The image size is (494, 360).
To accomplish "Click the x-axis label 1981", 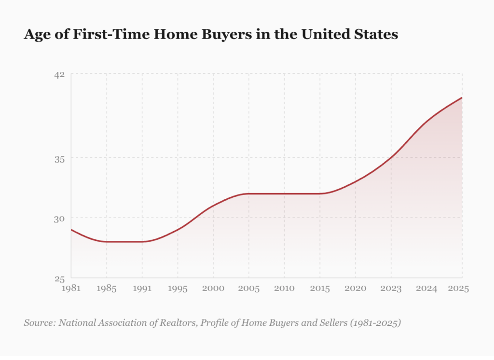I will (x=71, y=289).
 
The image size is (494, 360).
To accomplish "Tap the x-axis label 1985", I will (x=107, y=289).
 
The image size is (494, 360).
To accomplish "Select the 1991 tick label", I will (x=142, y=289).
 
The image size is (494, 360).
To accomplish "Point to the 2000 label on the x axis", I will (x=213, y=289).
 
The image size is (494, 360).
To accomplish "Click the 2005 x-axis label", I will (x=249, y=289).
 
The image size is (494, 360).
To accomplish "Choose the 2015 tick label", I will (x=320, y=289).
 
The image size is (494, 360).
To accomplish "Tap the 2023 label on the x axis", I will (x=391, y=289).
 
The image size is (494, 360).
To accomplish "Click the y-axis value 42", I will (x=59, y=74).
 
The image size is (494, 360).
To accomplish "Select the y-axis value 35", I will (x=59, y=158).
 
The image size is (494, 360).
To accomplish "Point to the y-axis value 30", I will (x=59, y=218).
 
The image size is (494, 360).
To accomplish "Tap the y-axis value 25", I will (x=59, y=278).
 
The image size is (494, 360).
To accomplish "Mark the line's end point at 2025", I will (x=462, y=98).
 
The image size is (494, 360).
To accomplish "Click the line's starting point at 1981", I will (x=71, y=230).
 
